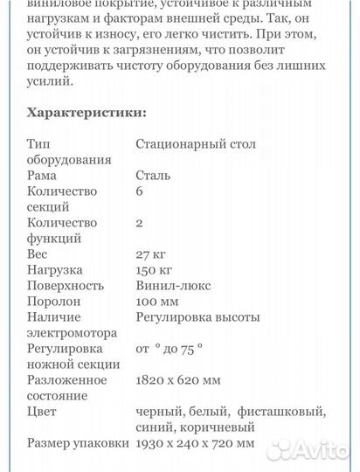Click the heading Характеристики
[87, 113]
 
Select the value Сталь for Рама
[153, 176]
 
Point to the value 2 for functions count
[140, 223]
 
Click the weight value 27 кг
[150, 254]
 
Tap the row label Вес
[38, 254]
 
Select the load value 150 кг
[155, 270]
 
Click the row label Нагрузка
[54, 270]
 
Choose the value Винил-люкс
[173, 286]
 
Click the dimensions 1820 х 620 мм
[190, 380]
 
